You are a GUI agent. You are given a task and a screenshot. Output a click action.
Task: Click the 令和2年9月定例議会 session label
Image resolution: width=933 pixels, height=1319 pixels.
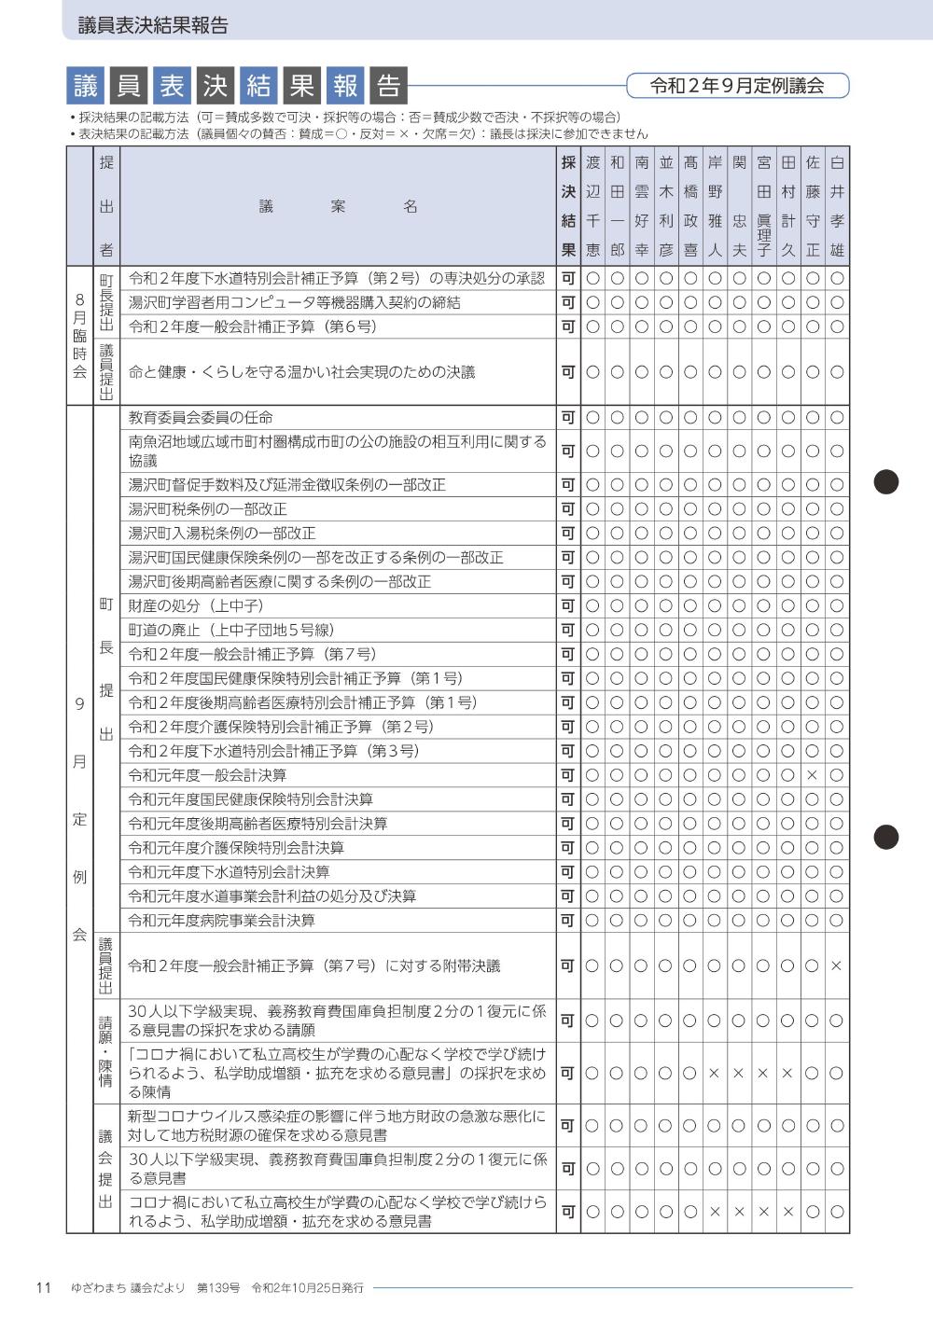click(x=737, y=86)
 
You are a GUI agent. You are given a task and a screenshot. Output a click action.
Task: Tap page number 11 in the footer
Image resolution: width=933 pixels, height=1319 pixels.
click(x=43, y=1288)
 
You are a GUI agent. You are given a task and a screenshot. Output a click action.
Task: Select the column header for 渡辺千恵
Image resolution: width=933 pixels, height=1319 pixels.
click(x=592, y=206)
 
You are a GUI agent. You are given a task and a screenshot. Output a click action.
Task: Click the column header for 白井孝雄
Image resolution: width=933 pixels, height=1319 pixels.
click(x=837, y=206)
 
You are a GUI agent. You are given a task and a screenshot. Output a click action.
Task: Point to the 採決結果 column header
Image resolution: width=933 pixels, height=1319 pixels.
click(x=567, y=206)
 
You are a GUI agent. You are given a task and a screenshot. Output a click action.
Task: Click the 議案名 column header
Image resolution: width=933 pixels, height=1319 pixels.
click(x=338, y=206)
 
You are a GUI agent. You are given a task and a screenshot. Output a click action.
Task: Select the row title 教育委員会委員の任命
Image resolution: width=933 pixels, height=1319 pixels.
click(x=201, y=417)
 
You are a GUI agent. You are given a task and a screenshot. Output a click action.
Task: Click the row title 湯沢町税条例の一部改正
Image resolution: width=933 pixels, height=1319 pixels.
click(x=207, y=509)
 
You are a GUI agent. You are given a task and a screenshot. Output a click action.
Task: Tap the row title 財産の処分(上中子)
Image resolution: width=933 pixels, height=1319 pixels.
click(x=195, y=606)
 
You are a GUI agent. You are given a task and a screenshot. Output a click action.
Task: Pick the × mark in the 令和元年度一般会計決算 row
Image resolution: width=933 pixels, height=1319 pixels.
click(x=812, y=775)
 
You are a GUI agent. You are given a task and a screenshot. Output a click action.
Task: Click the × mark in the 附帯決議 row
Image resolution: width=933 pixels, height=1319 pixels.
click(x=836, y=966)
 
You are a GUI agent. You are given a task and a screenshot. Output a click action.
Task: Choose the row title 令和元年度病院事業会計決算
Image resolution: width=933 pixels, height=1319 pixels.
click(x=221, y=921)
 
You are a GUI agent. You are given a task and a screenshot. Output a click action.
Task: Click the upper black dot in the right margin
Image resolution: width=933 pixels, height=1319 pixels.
click(x=885, y=481)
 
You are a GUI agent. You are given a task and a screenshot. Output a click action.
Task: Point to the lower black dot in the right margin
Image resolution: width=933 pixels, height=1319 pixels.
click(x=885, y=837)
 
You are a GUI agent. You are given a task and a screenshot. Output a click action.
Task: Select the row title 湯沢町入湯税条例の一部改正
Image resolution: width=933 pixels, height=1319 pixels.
click(x=222, y=534)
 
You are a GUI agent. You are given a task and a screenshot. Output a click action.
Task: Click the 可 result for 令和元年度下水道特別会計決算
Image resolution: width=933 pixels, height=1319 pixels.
click(x=567, y=872)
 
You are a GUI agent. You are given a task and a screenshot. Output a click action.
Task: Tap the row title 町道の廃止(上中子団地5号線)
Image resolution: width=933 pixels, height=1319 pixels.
click(x=230, y=631)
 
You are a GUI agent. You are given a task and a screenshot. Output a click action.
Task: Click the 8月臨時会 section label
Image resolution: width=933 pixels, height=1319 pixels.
click(x=79, y=336)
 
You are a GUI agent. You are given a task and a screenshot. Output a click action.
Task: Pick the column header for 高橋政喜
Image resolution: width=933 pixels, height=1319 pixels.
click(x=690, y=206)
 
